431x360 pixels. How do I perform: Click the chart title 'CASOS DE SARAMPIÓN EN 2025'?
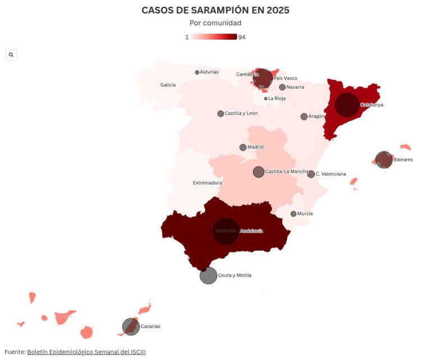(x=215, y=10)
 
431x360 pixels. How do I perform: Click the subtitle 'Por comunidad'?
(x=215, y=23)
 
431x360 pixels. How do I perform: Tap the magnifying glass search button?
(x=11, y=54)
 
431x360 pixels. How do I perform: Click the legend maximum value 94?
(x=242, y=37)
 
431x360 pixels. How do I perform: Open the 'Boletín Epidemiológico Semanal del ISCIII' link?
(x=86, y=352)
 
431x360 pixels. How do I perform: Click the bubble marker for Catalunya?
(x=347, y=105)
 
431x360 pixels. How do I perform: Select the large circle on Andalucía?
(x=226, y=231)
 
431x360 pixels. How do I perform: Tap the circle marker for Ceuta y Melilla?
(x=208, y=276)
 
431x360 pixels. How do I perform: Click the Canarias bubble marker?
(x=131, y=326)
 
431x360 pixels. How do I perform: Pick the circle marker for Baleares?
(x=384, y=160)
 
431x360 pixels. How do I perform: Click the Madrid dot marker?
(x=243, y=147)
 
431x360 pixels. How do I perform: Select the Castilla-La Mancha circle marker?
(x=259, y=172)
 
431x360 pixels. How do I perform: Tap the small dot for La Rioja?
(x=265, y=99)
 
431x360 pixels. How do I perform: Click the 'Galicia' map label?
(x=168, y=85)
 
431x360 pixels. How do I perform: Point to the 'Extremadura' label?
(x=207, y=183)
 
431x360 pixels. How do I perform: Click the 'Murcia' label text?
(x=305, y=214)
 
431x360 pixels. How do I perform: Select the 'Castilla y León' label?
(x=241, y=113)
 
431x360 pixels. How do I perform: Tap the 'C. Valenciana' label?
(x=331, y=174)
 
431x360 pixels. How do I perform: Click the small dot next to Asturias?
(x=197, y=72)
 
